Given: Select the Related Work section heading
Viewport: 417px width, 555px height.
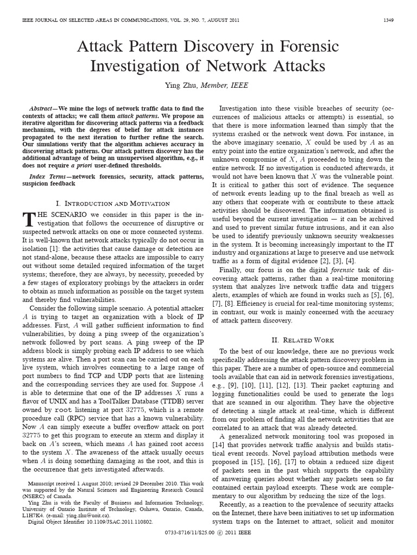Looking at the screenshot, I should point(302,340).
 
